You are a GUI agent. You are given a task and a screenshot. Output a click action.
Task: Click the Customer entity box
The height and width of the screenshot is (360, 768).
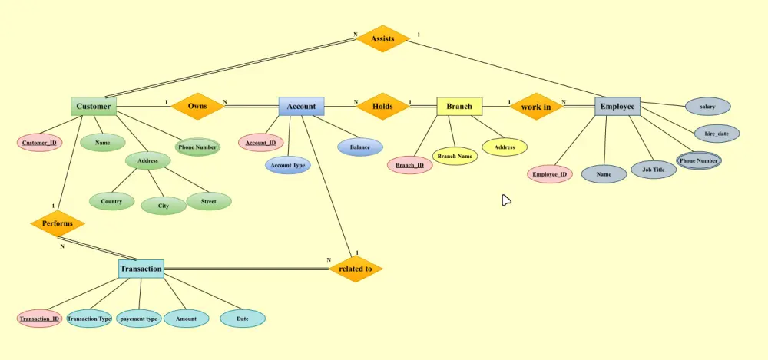point(94,106)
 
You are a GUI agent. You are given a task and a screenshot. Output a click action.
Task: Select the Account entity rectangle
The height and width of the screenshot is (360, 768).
point(301,106)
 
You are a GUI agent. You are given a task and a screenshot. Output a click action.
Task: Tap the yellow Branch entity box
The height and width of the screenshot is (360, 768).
point(459,106)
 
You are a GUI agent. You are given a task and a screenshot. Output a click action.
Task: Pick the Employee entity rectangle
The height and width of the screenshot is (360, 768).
point(617,106)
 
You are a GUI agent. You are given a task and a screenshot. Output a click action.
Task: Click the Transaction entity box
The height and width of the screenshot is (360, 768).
point(141,269)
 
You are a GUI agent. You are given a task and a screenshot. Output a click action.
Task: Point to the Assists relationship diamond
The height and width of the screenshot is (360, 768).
point(382,38)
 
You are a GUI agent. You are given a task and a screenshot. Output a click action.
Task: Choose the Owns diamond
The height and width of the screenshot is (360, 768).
point(197,106)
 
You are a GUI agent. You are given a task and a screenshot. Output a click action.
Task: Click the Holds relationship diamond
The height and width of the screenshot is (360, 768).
point(382,106)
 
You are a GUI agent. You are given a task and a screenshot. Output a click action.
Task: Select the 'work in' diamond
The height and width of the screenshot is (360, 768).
point(536,106)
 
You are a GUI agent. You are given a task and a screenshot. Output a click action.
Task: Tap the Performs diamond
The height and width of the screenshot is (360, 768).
point(58,223)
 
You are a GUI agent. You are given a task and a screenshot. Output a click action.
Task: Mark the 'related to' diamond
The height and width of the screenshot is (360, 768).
point(355,269)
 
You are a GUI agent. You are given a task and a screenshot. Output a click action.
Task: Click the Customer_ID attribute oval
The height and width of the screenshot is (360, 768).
point(40,143)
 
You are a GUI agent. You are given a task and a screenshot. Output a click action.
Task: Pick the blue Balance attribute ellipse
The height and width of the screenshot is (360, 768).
point(360,147)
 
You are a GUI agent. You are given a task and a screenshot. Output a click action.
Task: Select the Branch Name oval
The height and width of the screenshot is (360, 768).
point(455,157)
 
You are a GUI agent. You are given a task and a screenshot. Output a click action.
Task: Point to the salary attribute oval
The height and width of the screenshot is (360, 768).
point(708,106)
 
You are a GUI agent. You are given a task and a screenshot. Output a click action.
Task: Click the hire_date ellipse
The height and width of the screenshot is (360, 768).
point(717,134)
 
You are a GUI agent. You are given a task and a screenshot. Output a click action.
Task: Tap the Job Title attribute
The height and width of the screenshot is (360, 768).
point(654,170)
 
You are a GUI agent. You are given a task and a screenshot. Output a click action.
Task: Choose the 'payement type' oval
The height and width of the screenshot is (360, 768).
point(139,319)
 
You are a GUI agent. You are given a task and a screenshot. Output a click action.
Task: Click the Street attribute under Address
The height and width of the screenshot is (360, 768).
point(209,201)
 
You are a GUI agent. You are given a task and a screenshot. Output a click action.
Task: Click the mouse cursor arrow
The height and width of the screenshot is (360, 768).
point(506,200)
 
